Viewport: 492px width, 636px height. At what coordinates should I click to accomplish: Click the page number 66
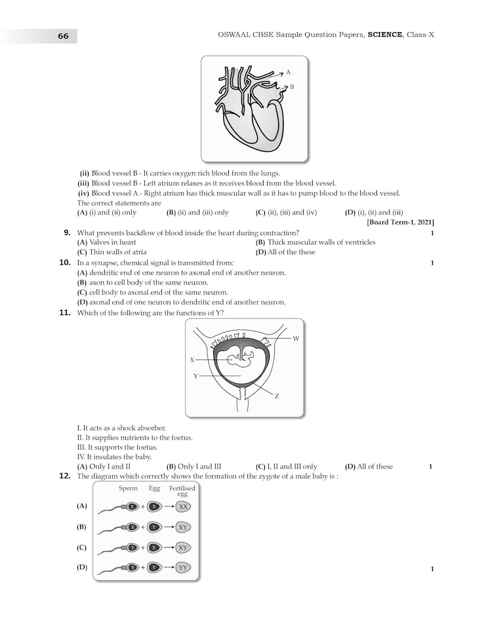coord(63,37)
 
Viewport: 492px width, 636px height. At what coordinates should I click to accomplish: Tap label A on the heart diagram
coord(288,72)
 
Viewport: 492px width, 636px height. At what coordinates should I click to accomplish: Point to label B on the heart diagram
coord(292,86)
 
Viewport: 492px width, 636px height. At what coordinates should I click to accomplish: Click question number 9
coord(67,233)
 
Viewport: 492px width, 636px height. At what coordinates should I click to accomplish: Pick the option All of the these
coord(286,252)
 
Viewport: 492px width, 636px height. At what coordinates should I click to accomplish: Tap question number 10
coord(65,263)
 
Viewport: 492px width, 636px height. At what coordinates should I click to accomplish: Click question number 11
coord(65,313)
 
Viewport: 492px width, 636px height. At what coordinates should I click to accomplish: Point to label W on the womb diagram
coord(296,338)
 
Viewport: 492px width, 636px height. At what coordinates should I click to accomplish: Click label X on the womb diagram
coord(192,360)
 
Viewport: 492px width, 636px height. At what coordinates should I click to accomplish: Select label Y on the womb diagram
coord(195,376)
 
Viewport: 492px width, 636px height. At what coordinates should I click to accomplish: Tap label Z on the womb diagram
coord(277,396)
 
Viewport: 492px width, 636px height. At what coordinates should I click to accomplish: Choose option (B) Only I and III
coord(194,466)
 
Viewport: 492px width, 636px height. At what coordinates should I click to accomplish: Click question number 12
coord(65,476)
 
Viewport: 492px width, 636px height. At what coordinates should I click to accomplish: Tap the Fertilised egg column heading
coord(182,491)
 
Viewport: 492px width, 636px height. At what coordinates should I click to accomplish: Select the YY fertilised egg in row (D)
coord(183,568)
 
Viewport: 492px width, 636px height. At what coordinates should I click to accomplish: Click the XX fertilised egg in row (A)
coord(183,507)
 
